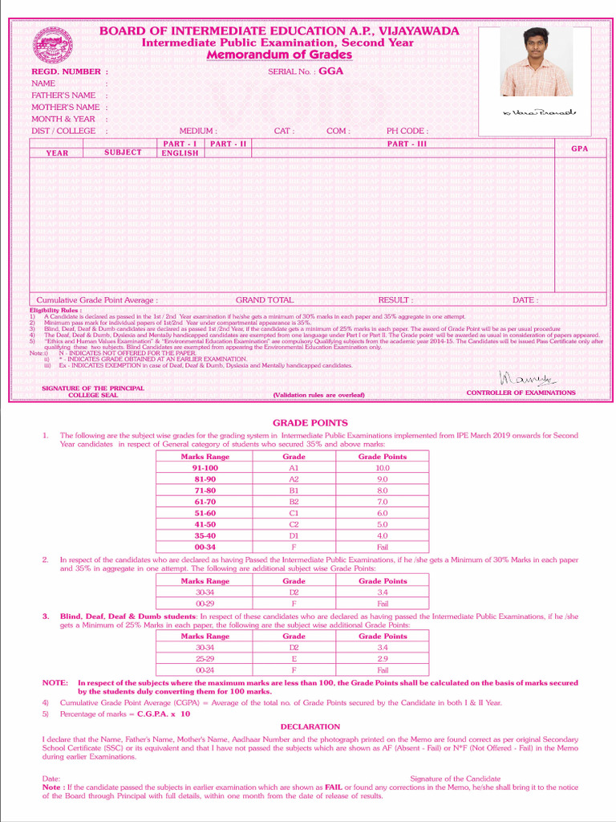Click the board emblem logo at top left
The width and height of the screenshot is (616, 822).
pos(52,46)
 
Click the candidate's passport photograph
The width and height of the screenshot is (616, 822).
pos(536,62)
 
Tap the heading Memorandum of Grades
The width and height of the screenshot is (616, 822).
pos(279,55)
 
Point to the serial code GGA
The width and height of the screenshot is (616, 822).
pos(330,71)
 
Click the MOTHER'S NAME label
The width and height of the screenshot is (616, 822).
pos(66,107)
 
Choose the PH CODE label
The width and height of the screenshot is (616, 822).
pos(407,131)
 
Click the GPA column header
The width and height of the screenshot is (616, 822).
pos(580,149)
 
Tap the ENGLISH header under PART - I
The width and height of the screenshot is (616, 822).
pos(180,153)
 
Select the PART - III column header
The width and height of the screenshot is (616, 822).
pos(407,143)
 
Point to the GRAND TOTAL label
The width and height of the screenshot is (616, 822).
pos(265,300)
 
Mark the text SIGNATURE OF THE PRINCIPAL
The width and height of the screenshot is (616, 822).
pos(93,389)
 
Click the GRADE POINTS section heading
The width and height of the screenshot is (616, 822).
pos(310,422)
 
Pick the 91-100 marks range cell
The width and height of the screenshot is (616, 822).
pos(205,467)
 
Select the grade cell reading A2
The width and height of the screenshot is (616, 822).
pos(294,478)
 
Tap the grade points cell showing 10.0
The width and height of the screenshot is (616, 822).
pos(383,467)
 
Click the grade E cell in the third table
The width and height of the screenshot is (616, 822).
pos(294,658)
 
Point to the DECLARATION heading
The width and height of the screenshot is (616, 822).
pos(310,726)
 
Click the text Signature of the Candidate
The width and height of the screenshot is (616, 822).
pos(455,779)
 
